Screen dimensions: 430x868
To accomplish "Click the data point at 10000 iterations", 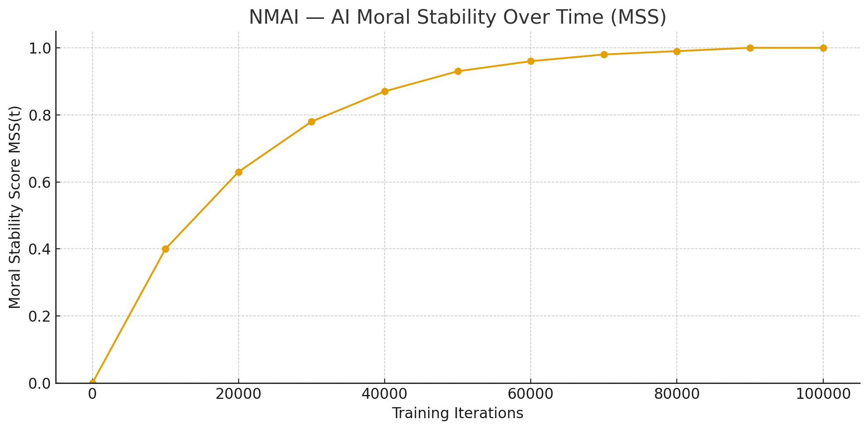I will tap(165, 249).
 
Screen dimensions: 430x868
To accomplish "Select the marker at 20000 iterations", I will tap(239, 172).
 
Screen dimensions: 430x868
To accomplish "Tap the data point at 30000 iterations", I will tap(311, 122).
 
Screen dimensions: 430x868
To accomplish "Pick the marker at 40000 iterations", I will tap(385, 91).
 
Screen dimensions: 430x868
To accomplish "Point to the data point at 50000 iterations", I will tap(458, 71).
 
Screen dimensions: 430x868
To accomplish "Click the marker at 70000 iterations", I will tap(604, 54).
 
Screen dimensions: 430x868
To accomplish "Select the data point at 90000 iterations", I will tap(750, 48).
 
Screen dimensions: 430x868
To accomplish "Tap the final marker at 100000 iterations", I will tap(823, 48).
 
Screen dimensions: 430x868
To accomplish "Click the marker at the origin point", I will tap(93, 383).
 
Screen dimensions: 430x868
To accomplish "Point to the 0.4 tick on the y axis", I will tap(40, 249).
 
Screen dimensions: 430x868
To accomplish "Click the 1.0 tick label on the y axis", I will tap(40, 48).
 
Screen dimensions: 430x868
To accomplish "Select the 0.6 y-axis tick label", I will tap(40, 182).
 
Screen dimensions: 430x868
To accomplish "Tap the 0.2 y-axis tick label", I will tap(40, 316).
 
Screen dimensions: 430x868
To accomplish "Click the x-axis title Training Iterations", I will tap(457, 413).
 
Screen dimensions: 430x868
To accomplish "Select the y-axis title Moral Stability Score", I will tap(15, 207).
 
